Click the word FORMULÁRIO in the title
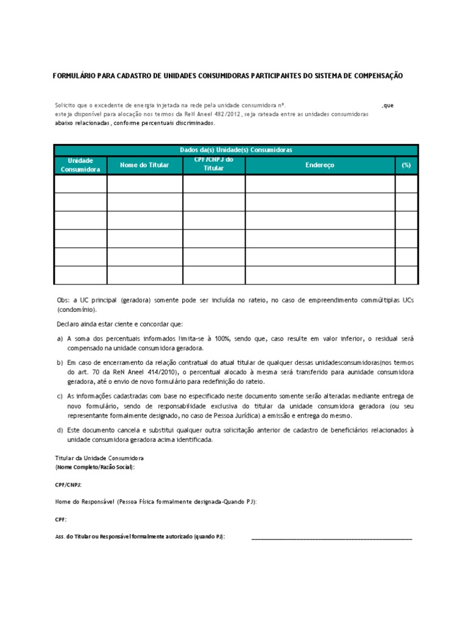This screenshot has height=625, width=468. [76, 76]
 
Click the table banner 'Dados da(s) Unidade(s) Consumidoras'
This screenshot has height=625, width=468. [236, 150]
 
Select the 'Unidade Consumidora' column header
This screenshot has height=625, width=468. [80, 165]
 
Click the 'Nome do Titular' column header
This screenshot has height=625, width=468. [144, 165]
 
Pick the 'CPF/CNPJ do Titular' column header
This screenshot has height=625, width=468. [213, 164]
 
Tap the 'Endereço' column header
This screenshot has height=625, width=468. [320, 165]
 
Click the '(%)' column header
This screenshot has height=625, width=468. [406, 165]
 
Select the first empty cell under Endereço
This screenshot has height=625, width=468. [320, 184]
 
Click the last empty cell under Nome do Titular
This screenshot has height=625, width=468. [144, 275]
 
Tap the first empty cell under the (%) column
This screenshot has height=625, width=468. [406, 184]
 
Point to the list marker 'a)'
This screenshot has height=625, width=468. [59, 338]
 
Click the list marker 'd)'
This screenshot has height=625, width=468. [59, 430]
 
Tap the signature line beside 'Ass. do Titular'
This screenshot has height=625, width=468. [331, 538]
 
